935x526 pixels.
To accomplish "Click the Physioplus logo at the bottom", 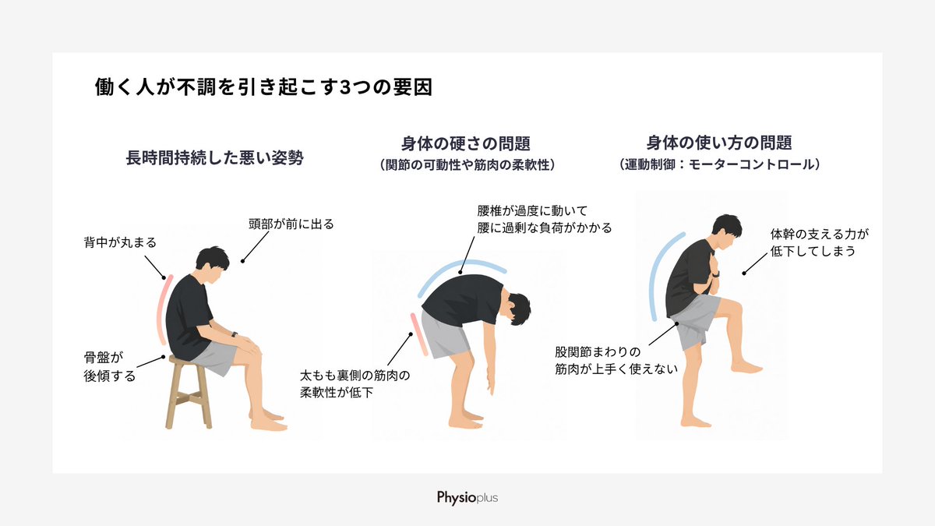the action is [x=467, y=498].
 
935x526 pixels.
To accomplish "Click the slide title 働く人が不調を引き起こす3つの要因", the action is [x=263, y=86].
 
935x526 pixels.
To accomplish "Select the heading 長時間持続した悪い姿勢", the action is [x=214, y=157].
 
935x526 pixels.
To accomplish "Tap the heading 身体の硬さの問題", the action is [x=466, y=143].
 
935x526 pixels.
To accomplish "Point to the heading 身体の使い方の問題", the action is [x=719, y=143].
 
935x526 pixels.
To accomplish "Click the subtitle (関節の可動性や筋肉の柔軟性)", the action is [x=467, y=165].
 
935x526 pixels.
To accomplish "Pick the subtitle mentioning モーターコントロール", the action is [x=719, y=164].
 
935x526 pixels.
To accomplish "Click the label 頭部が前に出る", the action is [x=291, y=224].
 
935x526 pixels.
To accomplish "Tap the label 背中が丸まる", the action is [x=120, y=242].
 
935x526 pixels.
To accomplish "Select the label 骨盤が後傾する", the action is [x=110, y=367].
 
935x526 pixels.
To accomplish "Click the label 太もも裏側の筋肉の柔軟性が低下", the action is [x=355, y=384].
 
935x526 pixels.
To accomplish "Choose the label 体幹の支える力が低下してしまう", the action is [x=820, y=242].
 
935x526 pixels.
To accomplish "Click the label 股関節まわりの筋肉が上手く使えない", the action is [x=616, y=361].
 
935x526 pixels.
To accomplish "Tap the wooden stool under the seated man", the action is [x=189, y=393].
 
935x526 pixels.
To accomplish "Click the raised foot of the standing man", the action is [x=746, y=368].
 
